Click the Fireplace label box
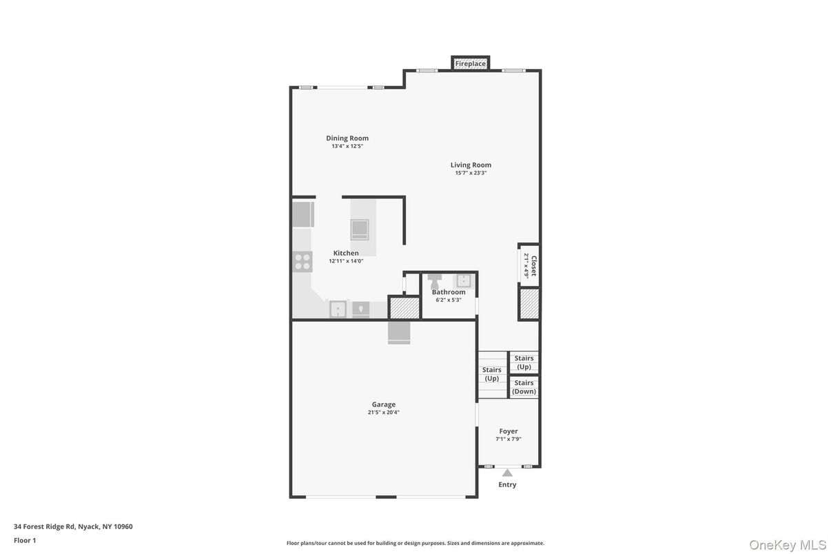471,63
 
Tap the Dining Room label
347,138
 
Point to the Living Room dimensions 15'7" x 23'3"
471,173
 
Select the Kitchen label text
346,253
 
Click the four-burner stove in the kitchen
302,262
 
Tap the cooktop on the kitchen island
360,229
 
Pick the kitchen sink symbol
338,309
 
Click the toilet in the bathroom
434,282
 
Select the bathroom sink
463,281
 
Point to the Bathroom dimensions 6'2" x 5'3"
449,300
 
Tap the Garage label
384,404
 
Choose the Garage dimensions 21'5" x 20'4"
384,412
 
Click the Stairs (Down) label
524,387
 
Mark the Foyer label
509,431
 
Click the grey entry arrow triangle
507,473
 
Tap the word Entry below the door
507,484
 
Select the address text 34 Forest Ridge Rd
45,526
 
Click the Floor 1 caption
25,540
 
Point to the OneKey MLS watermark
788,545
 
